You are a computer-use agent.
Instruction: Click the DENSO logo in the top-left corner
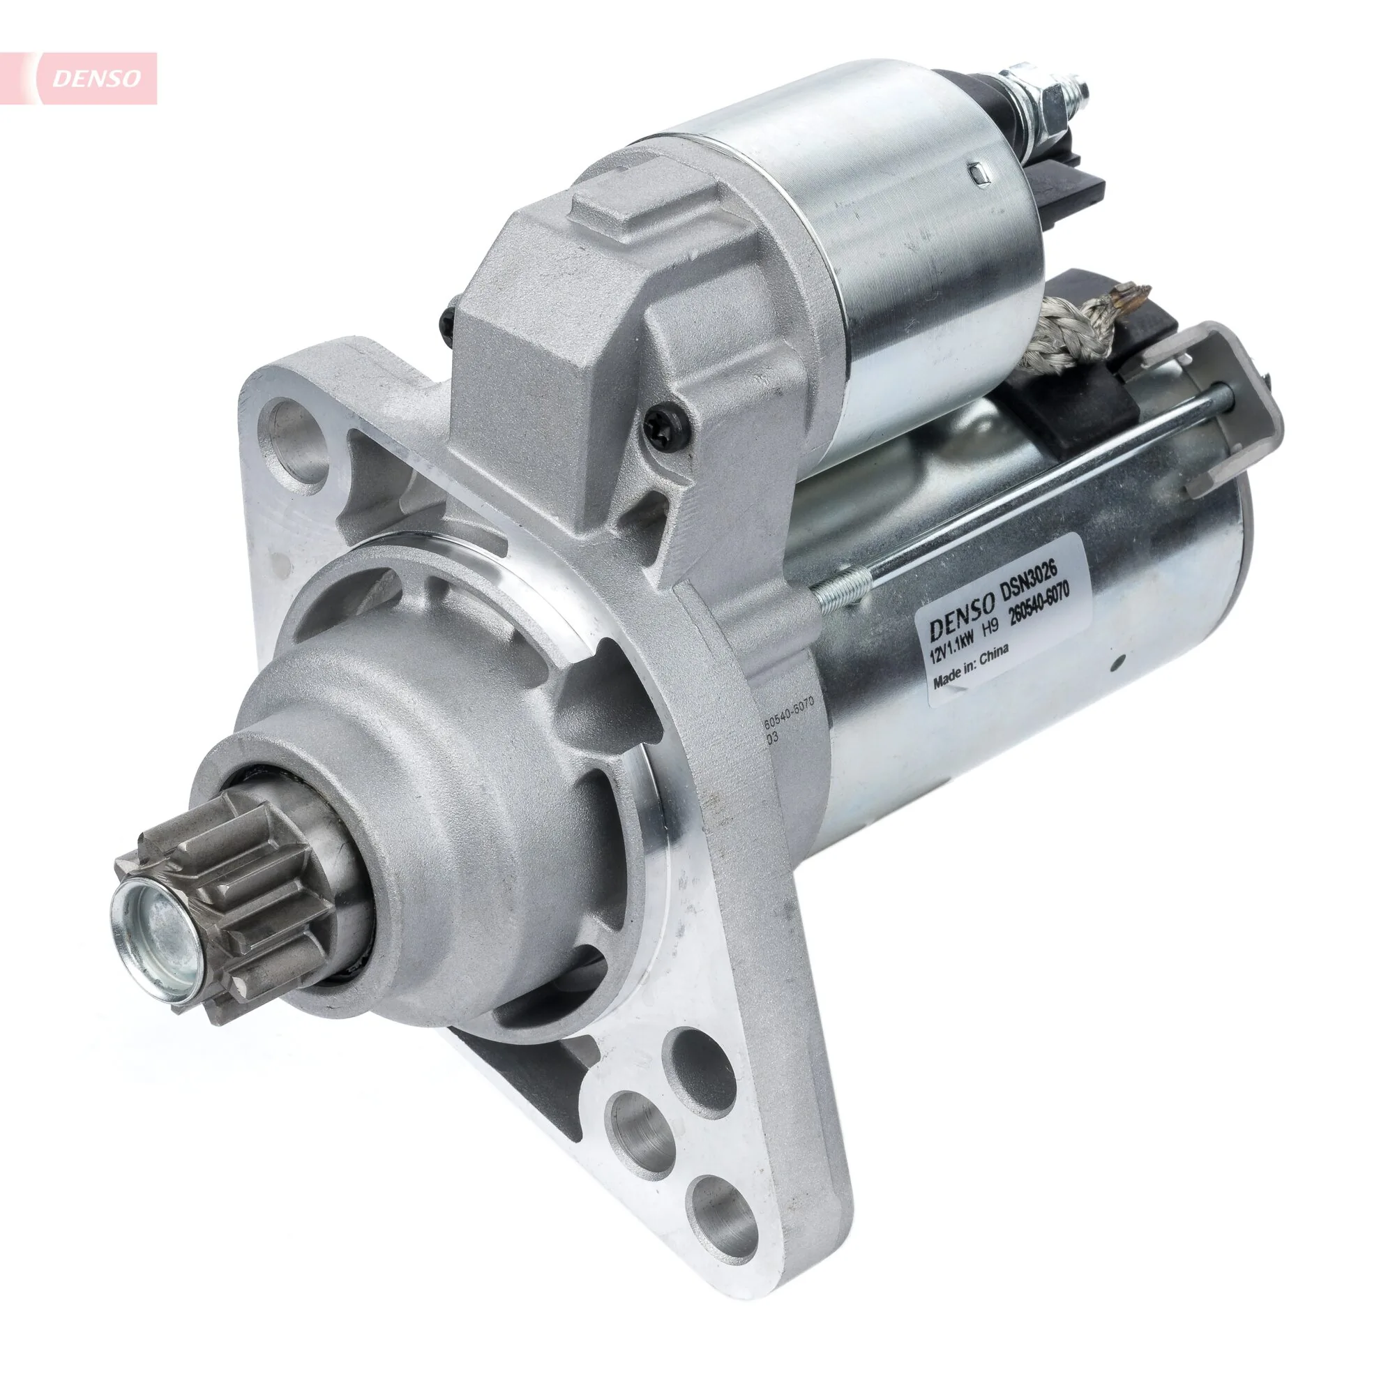[x=94, y=78]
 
